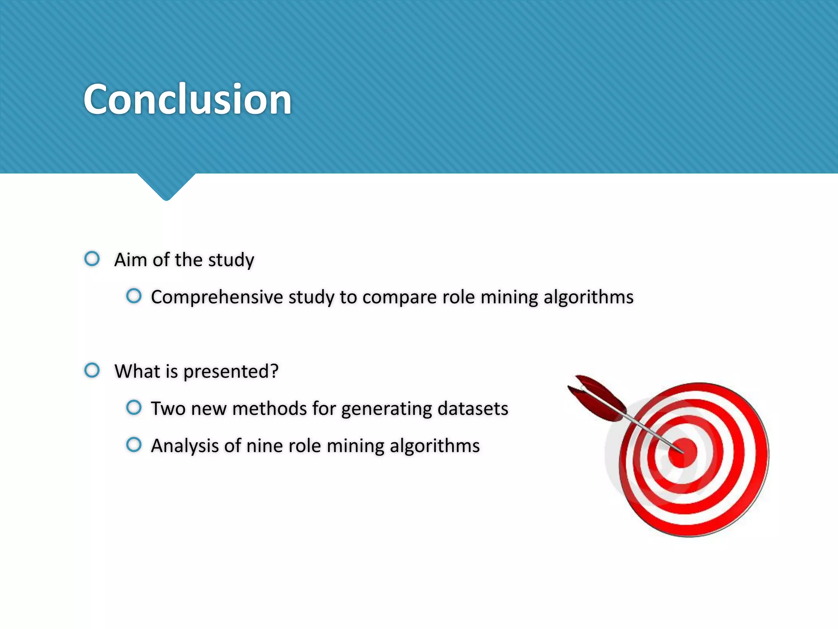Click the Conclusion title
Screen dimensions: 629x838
click(187, 99)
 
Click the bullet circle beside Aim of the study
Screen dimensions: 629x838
click(92, 259)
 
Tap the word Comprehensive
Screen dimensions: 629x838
click(216, 297)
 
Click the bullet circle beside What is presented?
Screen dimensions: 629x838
click(92, 370)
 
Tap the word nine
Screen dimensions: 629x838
click(265, 446)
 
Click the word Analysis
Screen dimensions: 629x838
click(185, 446)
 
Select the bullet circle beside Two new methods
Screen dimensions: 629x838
click(134, 407)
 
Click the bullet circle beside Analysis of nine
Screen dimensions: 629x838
click(134, 445)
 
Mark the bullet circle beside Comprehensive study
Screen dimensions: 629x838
click(134, 296)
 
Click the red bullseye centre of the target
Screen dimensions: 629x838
click(682, 453)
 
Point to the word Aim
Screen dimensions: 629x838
click(131, 260)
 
